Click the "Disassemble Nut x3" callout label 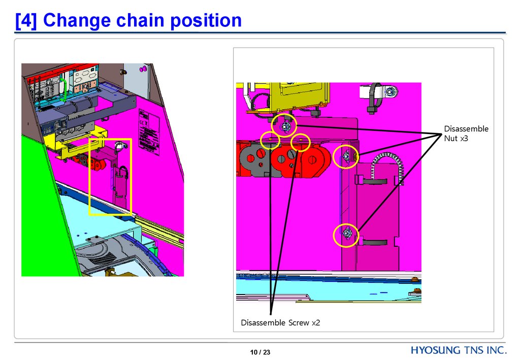(x=466, y=134)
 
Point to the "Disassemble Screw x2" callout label (x=280, y=322)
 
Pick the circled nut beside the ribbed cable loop (x=346, y=157)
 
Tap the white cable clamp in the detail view (x=372, y=96)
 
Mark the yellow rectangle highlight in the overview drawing (x=110, y=176)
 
